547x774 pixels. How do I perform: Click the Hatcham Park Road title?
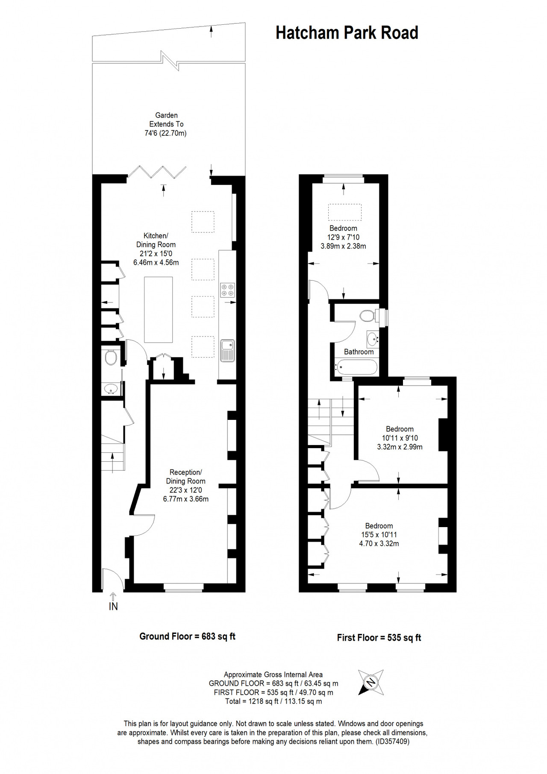click(x=347, y=33)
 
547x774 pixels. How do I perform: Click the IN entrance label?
click(x=113, y=607)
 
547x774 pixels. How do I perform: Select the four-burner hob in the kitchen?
click(x=227, y=290)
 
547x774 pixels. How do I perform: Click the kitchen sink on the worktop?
click(x=227, y=351)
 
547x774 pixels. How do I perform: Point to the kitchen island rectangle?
click(x=159, y=310)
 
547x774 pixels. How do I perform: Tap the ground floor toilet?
click(x=110, y=357)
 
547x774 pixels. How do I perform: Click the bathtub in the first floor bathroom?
click(x=356, y=367)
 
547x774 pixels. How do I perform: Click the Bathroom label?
click(x=359, y=352)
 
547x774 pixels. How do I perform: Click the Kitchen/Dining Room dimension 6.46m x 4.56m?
click(x=156, y=263)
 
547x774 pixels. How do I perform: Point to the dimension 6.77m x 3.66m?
click(x=186, y=499)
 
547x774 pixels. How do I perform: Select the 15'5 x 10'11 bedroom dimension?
click(x=379, y=535)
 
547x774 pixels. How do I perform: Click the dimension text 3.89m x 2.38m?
click(x=343, y=246)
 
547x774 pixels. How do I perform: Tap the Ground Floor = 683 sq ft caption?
click(x=188, y=636)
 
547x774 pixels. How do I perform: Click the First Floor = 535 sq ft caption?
click(x=379, y=638)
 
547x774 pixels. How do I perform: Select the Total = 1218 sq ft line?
click(x=273, y=701)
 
